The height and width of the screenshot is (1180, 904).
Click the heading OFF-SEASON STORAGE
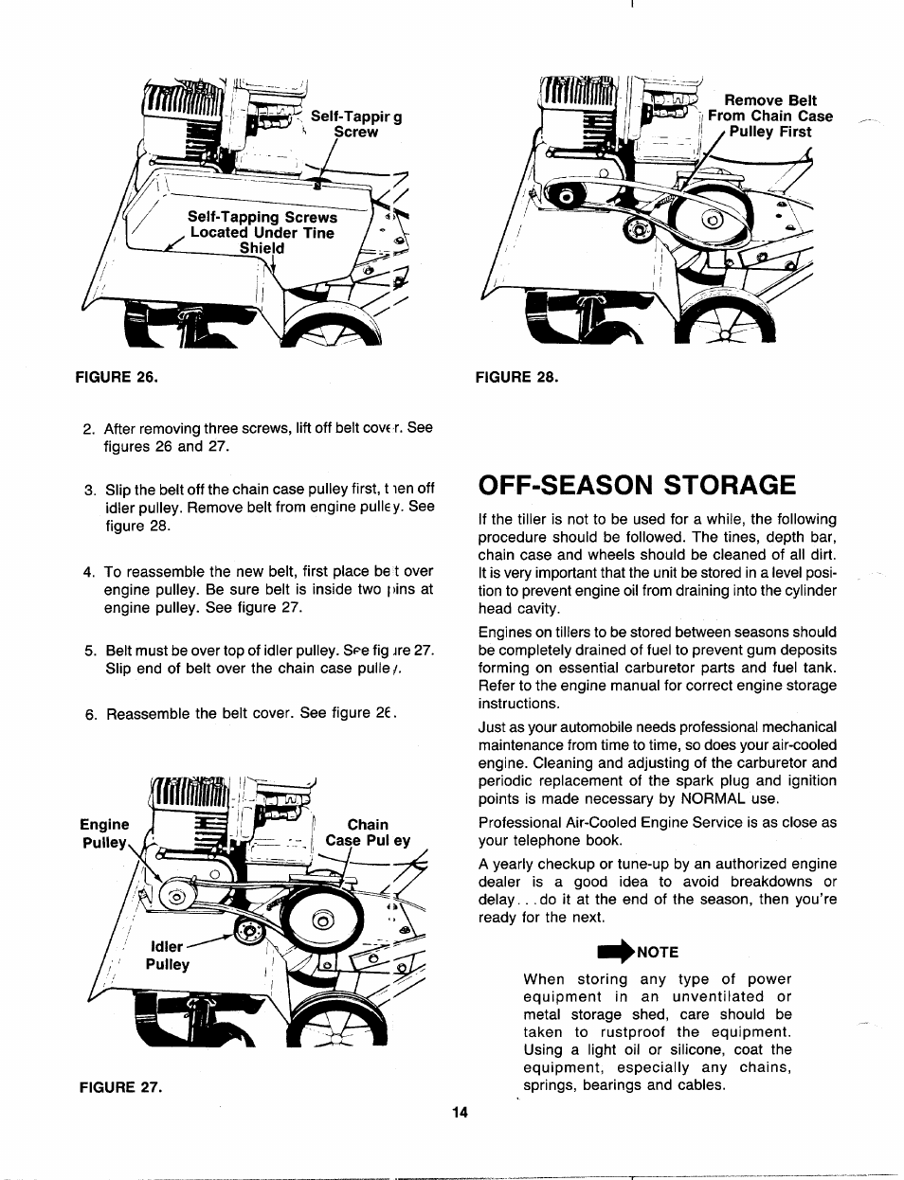[x=637, y=485]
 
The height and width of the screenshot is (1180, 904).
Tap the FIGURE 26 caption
[x=117, y=376]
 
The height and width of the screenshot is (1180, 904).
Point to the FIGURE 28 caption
[x=517, y=376]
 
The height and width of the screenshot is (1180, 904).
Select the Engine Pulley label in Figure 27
[x=104, y=833]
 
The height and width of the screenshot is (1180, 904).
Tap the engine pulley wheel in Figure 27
[x=174, y=895]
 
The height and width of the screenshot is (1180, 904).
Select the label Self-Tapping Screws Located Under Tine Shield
[x=262, y=232]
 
